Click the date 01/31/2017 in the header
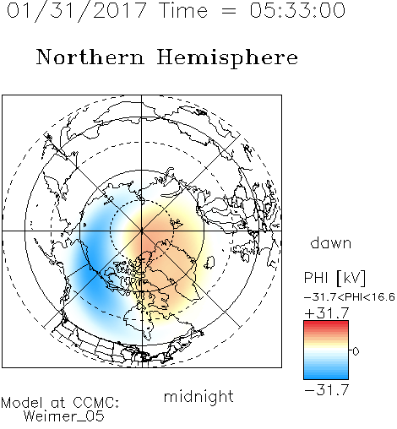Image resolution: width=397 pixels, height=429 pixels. click(76, 11)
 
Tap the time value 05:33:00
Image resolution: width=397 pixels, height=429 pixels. click(297, 10)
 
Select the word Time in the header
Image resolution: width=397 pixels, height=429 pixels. click(183, 10)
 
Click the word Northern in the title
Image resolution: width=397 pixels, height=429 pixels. click(90, 57)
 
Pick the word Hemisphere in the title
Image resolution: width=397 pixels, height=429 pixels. click(227, 57)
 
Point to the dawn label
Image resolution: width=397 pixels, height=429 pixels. click(331, 242)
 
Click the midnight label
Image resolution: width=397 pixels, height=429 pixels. click(198, 396)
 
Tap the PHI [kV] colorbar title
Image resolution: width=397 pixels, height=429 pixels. click(334, 278)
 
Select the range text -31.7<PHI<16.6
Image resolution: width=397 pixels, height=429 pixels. click(350, 297)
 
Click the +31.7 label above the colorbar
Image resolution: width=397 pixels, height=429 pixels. click(327, 313)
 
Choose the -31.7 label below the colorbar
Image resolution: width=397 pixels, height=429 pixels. click(327, 390)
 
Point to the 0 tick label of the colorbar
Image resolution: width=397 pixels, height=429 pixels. click(356, 351)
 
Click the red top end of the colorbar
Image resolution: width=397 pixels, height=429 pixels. click(326, 323)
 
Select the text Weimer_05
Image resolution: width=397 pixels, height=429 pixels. click(64, 416)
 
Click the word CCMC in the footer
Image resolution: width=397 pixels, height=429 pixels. click(95, 403)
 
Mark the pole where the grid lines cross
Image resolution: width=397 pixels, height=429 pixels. click(142, 231)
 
